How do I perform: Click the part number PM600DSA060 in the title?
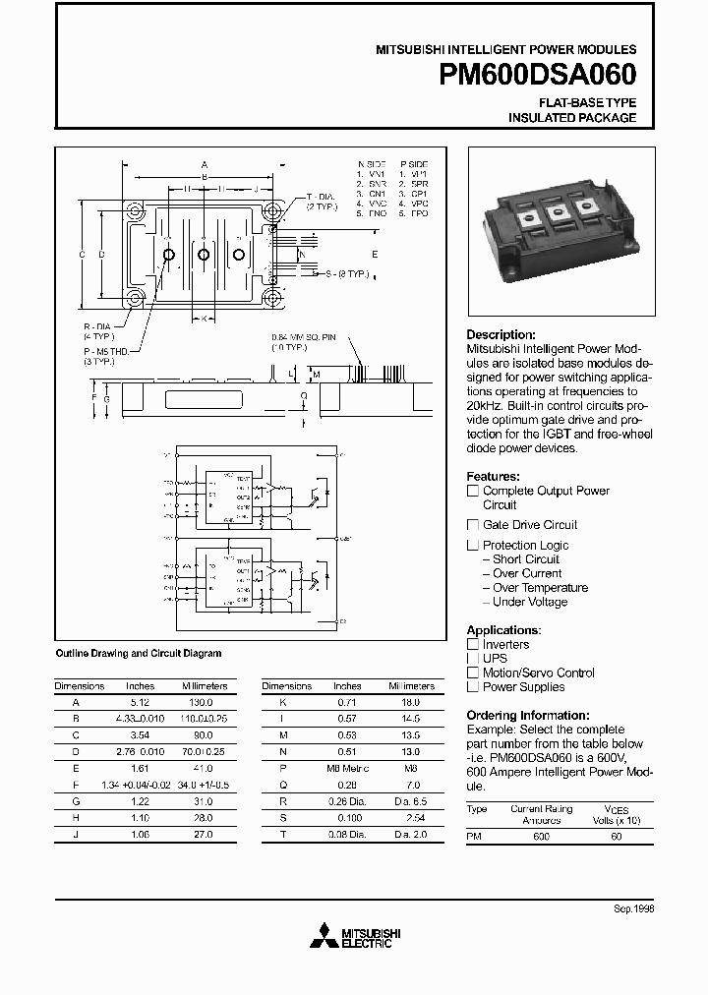[530, 75]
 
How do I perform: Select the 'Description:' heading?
[501, 334]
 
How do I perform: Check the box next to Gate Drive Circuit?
[473, 525]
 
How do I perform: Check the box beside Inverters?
[473, 645]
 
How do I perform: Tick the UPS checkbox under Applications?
[473, 659]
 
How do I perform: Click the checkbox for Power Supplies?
[473, 687]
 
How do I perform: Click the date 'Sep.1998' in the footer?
[633, 908]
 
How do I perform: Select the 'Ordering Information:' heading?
[527, 715]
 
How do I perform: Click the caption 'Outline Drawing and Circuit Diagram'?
[138, 653]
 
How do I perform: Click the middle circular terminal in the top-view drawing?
[204, 255]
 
